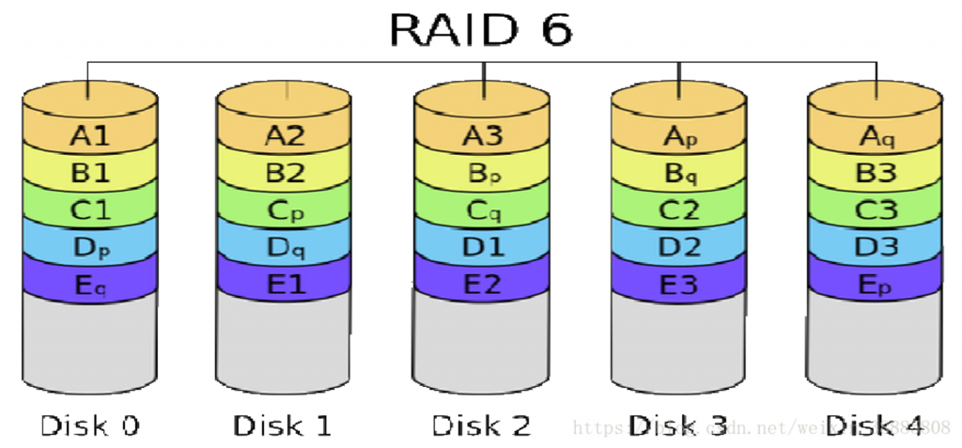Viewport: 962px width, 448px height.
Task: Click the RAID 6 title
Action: pos(480,30)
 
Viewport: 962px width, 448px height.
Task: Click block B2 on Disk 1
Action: pos(285,173)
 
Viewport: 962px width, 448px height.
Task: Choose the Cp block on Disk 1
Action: pos(285,209)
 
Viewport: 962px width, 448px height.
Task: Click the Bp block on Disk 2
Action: pos(483,173)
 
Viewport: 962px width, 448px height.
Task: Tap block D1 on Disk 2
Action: pos(483,248)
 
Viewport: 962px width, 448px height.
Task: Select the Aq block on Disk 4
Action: pos(877,136)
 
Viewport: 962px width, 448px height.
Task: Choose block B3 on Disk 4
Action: pos(877,173)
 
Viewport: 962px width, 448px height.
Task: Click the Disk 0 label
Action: pos(89,425)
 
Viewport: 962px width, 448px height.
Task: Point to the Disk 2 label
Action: pos(481,425)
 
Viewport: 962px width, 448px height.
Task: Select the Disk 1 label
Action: pos(283,425)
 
